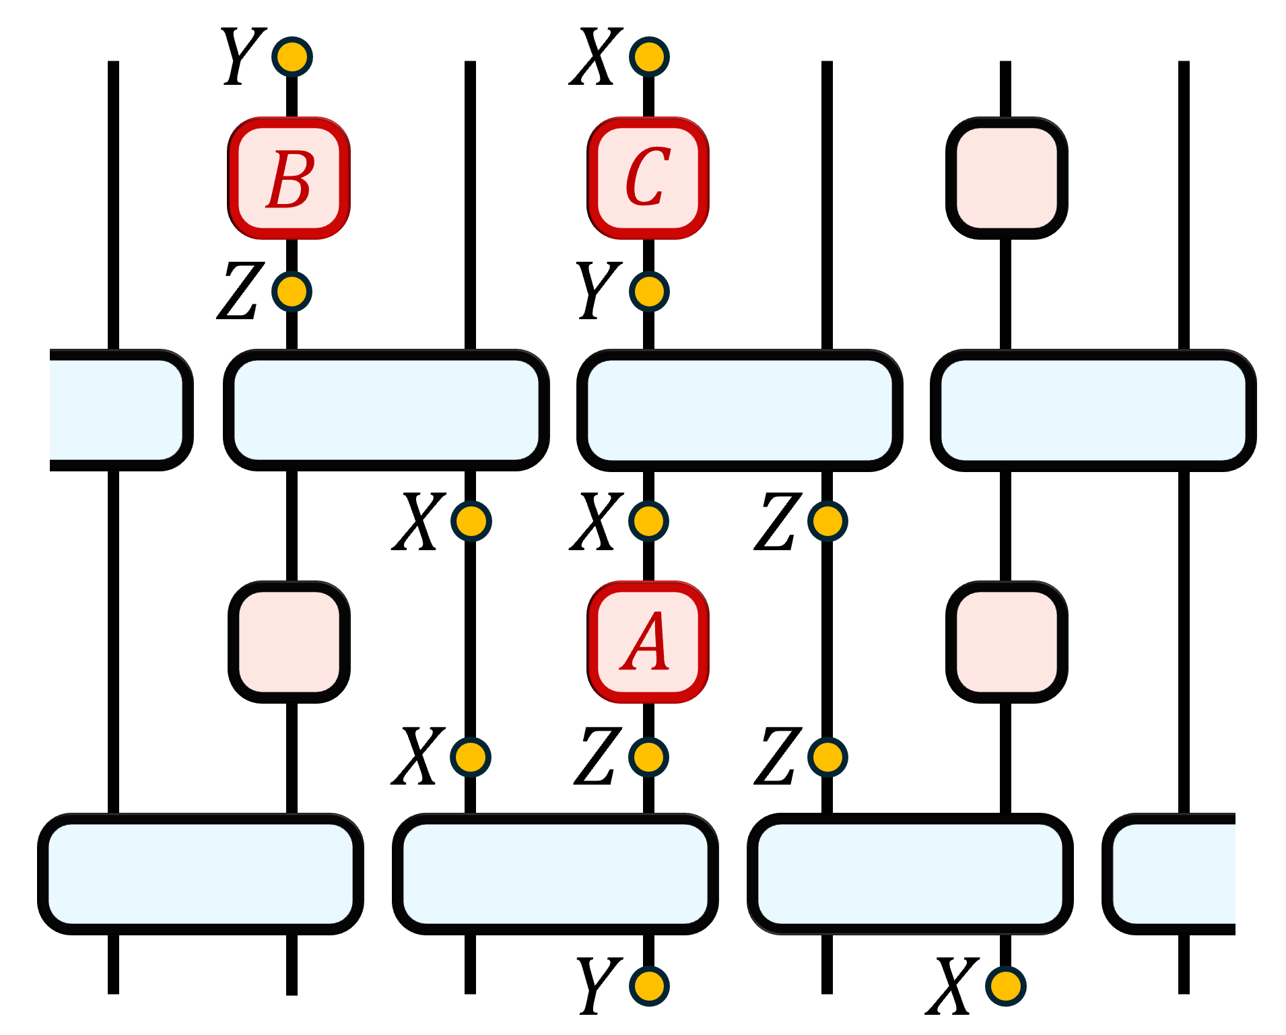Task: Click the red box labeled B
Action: (290, 178)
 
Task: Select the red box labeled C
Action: (648, 178)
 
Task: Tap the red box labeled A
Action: (648, 642)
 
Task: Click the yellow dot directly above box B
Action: (292, 57)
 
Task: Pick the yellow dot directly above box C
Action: (649, 57)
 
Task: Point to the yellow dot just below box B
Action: (292, 292)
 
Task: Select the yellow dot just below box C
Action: (649, 292)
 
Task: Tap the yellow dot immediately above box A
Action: (648, 521)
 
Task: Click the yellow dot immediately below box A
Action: (648, 757)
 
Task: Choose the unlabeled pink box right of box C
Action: (1007, 178)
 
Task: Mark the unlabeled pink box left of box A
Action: (290, 642)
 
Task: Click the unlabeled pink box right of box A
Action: (1007, 642)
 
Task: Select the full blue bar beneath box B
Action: (386, 410)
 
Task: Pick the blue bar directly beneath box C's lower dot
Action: (739, 410)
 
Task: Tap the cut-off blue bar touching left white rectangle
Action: (116, 410)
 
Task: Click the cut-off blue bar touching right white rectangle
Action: (1174, 873)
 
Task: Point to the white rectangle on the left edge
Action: (24, 364)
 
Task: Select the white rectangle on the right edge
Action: (1260, 811)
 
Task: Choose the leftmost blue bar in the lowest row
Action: (201, 873)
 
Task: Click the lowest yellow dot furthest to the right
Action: (1005, 986)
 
